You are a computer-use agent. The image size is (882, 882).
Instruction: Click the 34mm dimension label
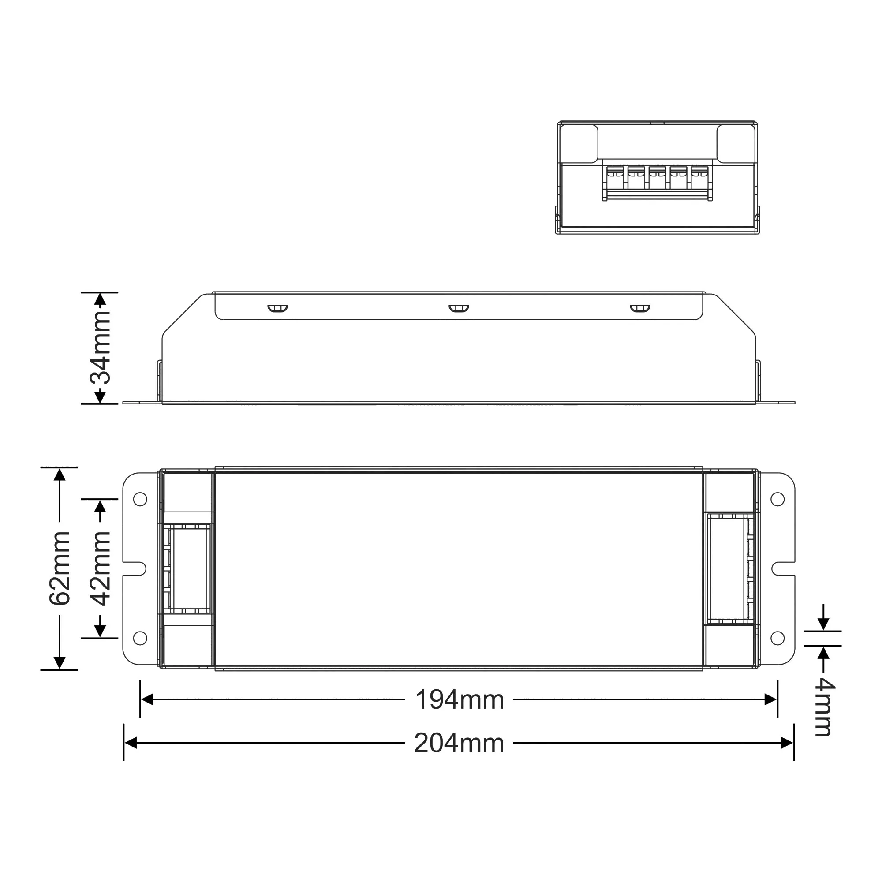click(x=100, y=348)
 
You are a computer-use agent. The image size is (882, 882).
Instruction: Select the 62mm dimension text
click(x=60, y=568)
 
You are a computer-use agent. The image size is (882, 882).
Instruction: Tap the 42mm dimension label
click(x=100, y=568)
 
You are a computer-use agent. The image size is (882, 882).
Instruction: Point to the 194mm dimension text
click(x=459, y=700)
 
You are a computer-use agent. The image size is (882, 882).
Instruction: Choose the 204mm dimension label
click(x=459, y=744)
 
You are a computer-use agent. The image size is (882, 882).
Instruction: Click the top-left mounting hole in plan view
click(x=140, y=499)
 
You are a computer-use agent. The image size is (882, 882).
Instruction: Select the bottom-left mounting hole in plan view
click(x=140, y=638)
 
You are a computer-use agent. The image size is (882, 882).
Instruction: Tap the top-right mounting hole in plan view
click(x=777, y=499)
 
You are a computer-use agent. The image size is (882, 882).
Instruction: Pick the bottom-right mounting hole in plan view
click(x=777, y=638)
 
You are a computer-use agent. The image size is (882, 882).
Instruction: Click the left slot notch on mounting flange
click(x=136, y=569)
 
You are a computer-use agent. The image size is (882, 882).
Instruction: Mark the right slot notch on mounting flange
click(x=781, y=569)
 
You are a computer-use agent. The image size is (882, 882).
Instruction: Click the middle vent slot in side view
click(x=459, y=309)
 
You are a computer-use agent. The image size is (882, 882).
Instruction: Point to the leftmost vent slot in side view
click(x=277, y=309)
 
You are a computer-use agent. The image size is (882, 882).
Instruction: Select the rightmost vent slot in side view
click(x=640, y=309)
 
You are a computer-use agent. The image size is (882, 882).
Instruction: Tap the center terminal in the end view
click(x=658, y=178)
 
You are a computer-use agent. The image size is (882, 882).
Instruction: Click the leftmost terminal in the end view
click(x=615, y=178)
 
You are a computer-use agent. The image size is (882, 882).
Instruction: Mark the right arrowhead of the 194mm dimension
click(x=771, y=699)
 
